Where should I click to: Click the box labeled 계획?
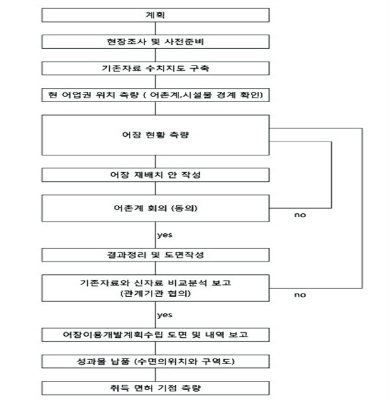point(155,15)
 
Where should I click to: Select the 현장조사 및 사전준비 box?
point(155,42)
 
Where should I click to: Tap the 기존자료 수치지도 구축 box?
point(155,68)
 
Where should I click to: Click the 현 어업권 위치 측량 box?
point(155,95)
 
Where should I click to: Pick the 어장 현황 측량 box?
point(155,135)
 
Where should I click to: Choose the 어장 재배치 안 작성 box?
point(155,175)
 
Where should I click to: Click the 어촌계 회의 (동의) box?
point(155,208)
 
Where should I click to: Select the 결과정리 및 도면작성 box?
point(155,255)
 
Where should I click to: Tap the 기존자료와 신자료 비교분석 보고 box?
point(155,288)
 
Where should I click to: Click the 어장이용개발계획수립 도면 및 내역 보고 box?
point(155,335)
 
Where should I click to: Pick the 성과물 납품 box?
point(155,362)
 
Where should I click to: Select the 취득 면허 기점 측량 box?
point(155,389)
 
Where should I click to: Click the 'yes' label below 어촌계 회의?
point(165,235)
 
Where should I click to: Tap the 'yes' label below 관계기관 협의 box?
point(165,315)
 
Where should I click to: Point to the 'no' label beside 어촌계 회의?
point(300,215)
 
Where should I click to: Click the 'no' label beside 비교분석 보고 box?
point(300,295)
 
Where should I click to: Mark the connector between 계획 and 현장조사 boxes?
point(155,28)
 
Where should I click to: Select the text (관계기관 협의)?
point(155,294)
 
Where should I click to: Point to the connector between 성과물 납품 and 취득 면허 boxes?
point(155,375)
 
